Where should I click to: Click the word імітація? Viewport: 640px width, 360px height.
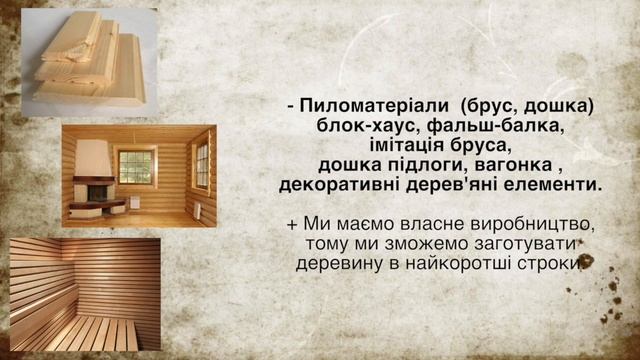(401, 146)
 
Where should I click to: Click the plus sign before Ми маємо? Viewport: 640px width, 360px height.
(291, 223)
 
